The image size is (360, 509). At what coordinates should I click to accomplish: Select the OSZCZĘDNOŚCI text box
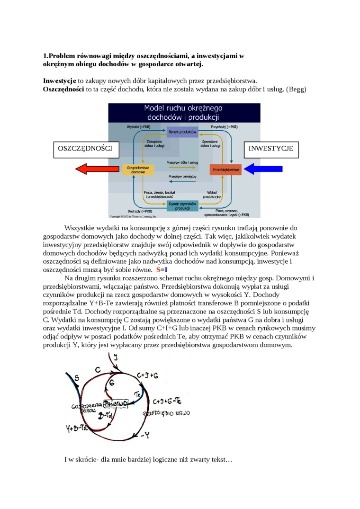pyautogui.click(x=85, y=149)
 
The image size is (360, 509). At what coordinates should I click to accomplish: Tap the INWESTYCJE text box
pyautogui.click(x=271, y=149)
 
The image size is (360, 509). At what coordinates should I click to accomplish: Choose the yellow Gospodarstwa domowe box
pyautogui.click(x=138, y=170)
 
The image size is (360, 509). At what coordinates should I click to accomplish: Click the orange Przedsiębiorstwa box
pyautogui.click(x=225, y=169)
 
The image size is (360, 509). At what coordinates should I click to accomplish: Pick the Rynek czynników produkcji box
pyautogui.click(x=182, y=205)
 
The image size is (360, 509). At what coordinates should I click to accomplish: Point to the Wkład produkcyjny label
pyautogui.click(x=212, y=194)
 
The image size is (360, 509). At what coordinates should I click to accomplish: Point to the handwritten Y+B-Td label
pyautogui.click(x=77, y=429)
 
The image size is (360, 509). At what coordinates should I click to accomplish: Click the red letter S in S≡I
pyautogui.click(x=158, y=269)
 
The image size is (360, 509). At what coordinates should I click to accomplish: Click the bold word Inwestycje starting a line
pyautogui.click(x=60, y=80)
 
